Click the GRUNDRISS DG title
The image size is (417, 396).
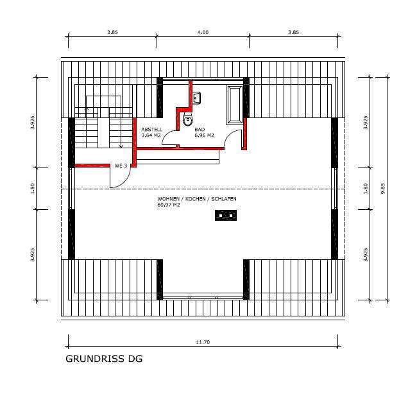[104, 359]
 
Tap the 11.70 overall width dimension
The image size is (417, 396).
[203, 342]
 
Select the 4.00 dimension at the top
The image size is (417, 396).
[203, 32]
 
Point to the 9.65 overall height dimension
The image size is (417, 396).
[383, 188]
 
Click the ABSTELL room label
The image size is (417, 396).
[151, 130]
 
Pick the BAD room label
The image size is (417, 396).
[200, 130]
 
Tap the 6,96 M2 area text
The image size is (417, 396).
[204, 135]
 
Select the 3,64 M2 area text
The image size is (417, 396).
[151, 135]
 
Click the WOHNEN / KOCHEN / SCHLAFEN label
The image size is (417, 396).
[197, 199]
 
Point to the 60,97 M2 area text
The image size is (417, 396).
[169, 205]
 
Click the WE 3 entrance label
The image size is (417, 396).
[120, 166]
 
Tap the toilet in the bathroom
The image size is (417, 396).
[187, 119]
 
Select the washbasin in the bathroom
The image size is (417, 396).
[197, 98]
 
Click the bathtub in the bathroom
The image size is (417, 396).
[234, 102]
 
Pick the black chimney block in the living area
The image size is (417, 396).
[225, 216]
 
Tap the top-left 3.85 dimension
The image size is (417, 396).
[112, 32]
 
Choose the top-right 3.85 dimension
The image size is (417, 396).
[294, 32]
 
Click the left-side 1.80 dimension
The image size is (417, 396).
[31, 188]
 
